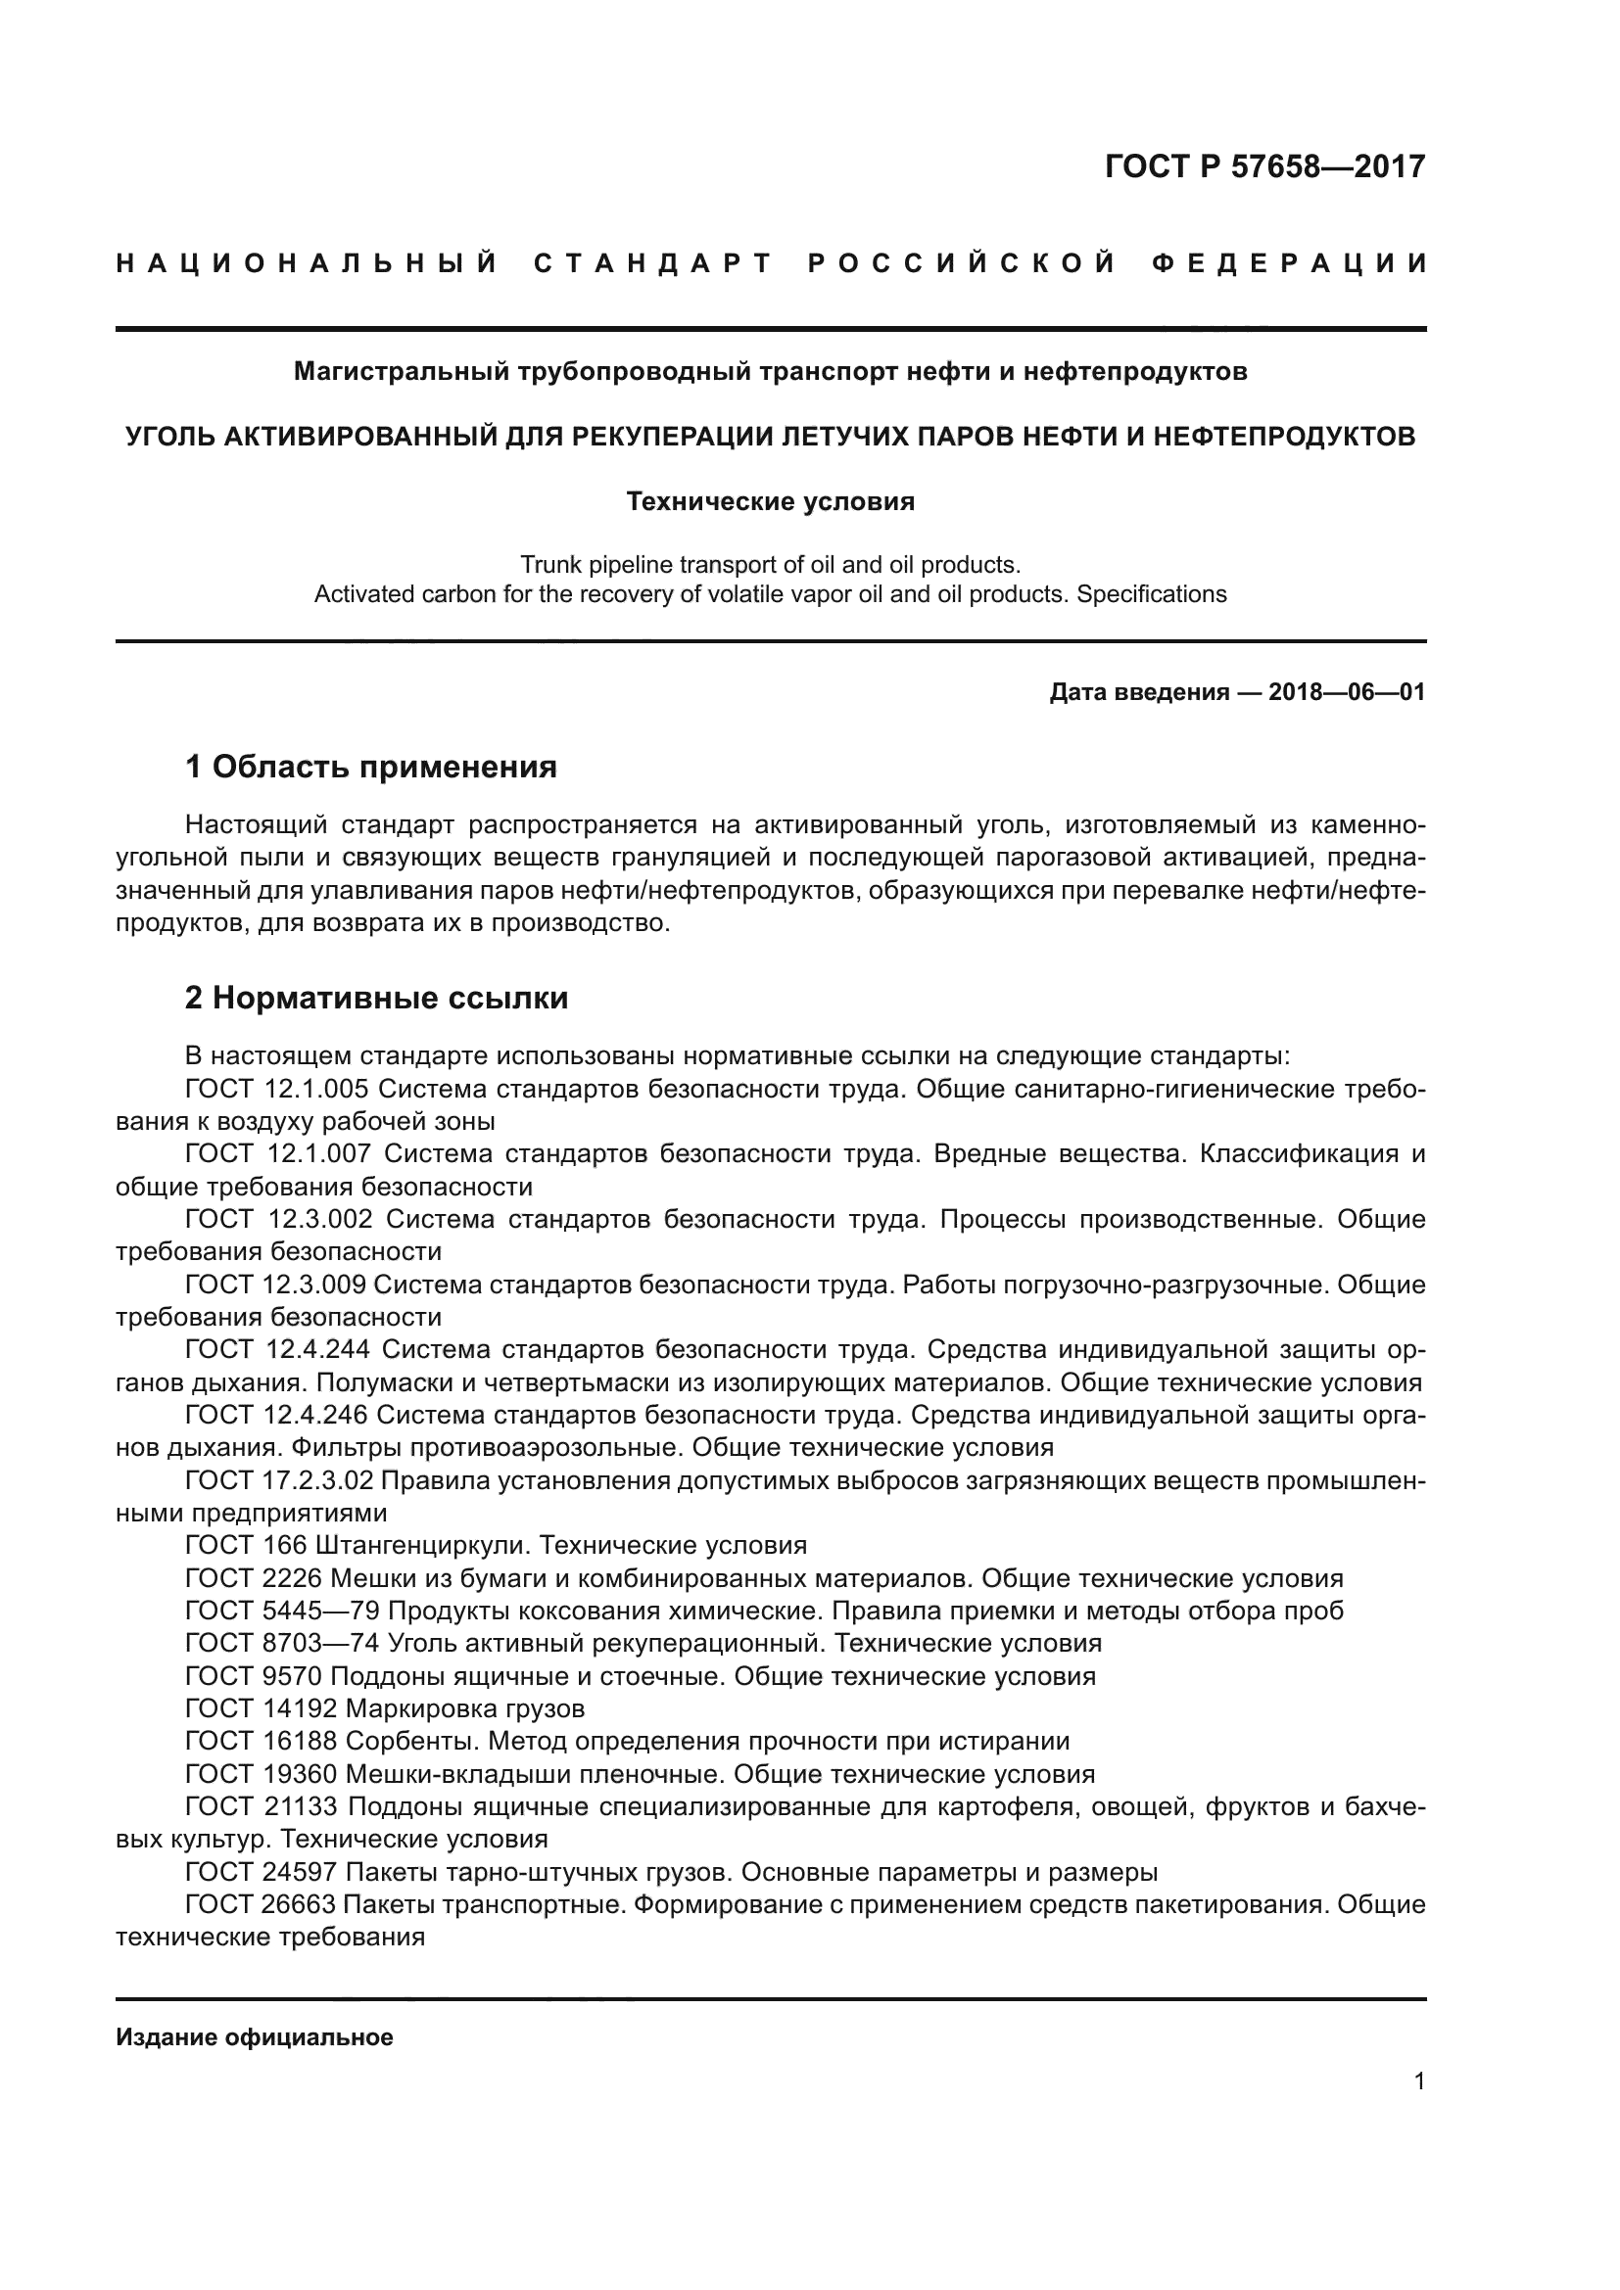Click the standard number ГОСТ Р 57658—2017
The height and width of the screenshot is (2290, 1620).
pyautogui.click(x=1264, y=166)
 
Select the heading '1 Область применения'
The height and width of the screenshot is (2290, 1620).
pyautogui.click(x=370, y=767)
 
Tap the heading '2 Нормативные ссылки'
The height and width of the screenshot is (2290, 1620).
pyautogui.click(x=376, y=999)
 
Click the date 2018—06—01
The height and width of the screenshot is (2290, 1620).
pyautogui.click(x=1347, y=692)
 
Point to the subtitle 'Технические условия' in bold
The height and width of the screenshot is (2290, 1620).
pyautogui.click(x=770, y=501)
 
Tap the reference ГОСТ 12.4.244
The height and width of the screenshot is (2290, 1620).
pyautogui.click(x=277, y=1349)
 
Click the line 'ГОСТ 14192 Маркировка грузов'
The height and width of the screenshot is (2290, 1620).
pyautogui.click(x=385, y=1708)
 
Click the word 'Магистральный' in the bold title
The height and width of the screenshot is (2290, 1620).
pyautogui.click(x=402, y=372)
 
